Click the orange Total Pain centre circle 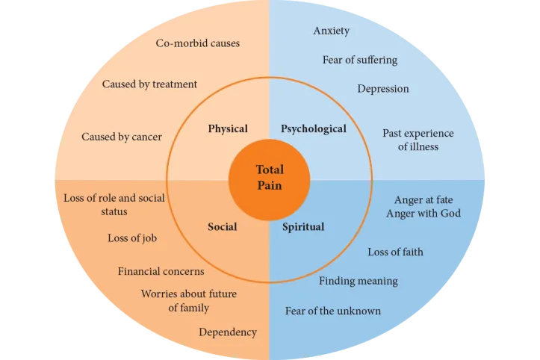[270, 178]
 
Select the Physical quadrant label [228, 128]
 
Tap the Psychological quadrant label [314, 128]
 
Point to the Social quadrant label [223, 226]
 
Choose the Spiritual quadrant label [303, 226]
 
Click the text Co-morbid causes [198, 43]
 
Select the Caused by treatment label [149, 84]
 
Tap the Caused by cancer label [122, 137]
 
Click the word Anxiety [332, 31]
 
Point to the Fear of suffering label [360, 60]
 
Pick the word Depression [383, 88]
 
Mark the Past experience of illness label [418, 140]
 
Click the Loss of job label [132, 238]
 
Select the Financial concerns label [161, 270]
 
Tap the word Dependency [228, 332]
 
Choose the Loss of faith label [395, 252]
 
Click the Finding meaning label [359, 281]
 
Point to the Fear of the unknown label [333, 311]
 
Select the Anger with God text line [423, 213]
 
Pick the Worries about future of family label [189, 300]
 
